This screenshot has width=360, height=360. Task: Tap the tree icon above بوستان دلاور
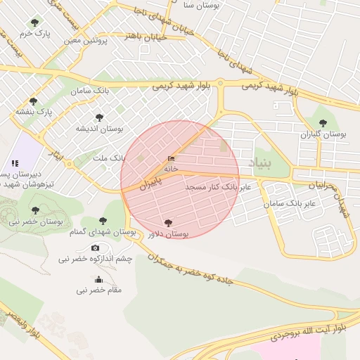[167, 223]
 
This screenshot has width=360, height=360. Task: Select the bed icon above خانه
[172, 159]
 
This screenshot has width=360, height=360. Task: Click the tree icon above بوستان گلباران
[323, 123]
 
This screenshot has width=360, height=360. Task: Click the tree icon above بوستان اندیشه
[99, 117]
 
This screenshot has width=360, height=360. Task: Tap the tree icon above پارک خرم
[34, 23]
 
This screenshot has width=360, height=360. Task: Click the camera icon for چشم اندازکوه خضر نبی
[96, 247]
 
